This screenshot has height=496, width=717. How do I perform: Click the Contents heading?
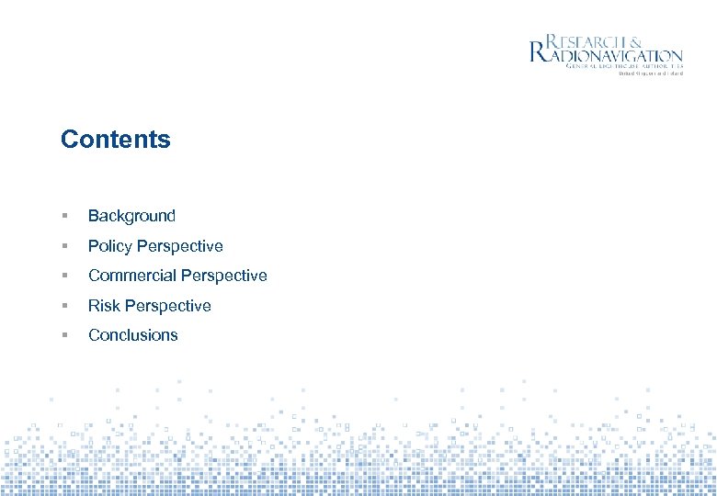pyautogui.click(x=116, y=140)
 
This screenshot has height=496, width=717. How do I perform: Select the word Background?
pyautogui.click(x=131, y=216)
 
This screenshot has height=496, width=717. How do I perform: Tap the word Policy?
pyautogui.click(x=109, y=246)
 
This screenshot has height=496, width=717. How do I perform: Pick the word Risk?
pyautogui.click(x=104, y=306)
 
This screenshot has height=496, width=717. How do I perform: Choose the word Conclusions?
pyautogui.click(x=133, y=335)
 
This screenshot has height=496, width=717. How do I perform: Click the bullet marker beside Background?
pyautogui.click(x=64, y=216)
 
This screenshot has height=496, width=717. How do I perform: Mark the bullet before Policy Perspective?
pyautogui.click(x=64, y=246)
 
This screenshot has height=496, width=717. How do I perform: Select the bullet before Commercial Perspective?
pyautogui.click(x=64, y=276)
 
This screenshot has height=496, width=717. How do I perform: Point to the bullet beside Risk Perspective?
pyautogui.click(x=64, y=306)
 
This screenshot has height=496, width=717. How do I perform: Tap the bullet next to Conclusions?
pyautogui.click(x=64, y=335)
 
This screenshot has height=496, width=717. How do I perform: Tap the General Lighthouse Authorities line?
pyautogui.click(x=624, y=67)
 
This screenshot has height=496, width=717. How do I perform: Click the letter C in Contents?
pyautogui.click(x=69, y=140)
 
